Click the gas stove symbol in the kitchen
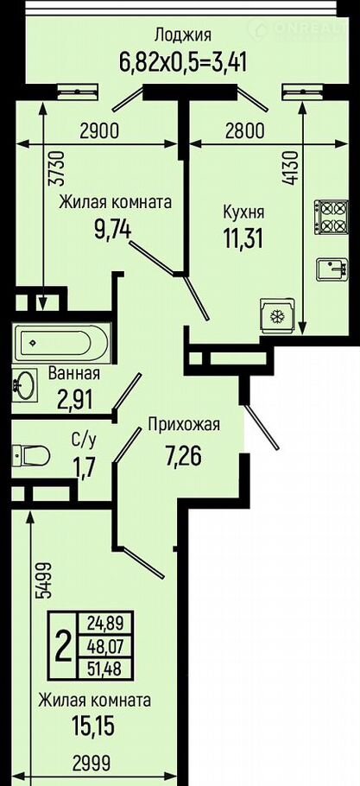tap(332, 216)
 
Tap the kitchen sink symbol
tap(332, 271)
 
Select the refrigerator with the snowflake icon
tap(276, 316)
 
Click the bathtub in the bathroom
tap(61, 343)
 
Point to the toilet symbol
tap(31, 455)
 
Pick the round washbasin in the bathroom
tap(24, 385)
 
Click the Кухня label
tap(243, 213)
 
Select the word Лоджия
tap(183, 35)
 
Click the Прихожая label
tap(184, 426)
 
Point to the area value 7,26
tap(183, 456)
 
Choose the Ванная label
tap(74, 373)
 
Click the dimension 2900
tap(98, 130)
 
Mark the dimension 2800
tap(243, 130)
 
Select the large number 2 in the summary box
tap(63, 647)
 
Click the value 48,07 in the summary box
tap(104, 646)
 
